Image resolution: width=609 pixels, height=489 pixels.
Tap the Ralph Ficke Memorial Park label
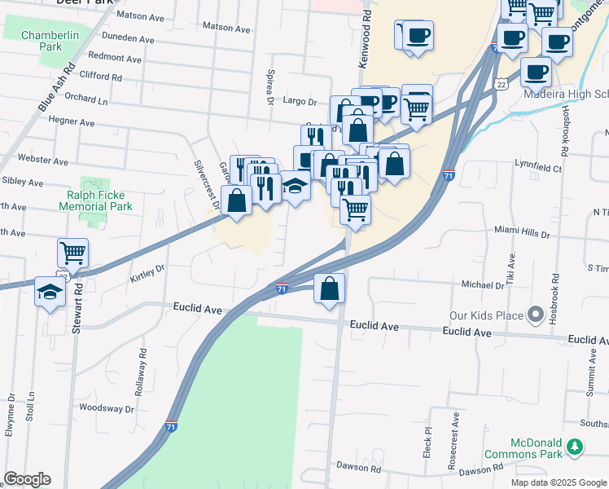tap(95, 200)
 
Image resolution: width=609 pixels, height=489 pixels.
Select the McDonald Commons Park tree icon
tap(576, 446)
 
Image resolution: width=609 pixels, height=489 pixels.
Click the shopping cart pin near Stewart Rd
tap(72, 253)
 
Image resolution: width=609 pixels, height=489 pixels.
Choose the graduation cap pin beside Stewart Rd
tap(50, 293)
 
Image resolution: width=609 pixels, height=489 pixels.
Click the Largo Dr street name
tap(300, 102)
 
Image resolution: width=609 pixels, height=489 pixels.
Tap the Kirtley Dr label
tap(147, 273)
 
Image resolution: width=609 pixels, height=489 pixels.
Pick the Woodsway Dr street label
tap(106, 407)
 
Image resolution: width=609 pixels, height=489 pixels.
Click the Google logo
tap(27, 479)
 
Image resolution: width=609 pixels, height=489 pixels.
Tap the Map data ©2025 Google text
tap(557, 482)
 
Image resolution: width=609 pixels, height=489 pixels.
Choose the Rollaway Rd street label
tap(142, 368)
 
